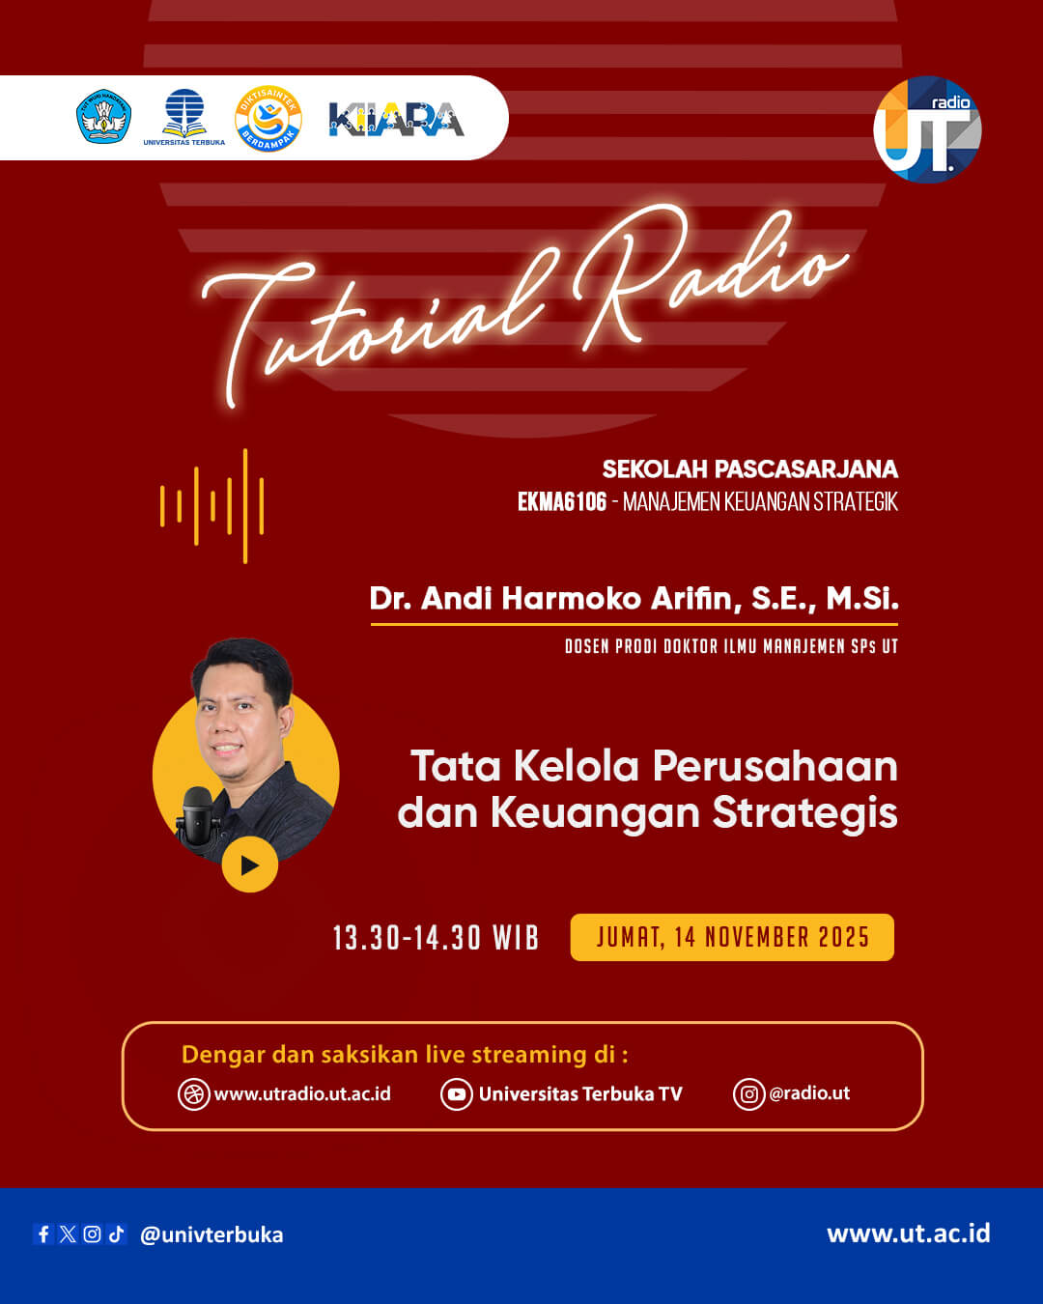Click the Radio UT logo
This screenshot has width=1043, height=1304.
[927, 129]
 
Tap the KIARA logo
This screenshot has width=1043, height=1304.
[396, 119]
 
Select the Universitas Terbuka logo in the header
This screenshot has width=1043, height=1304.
[183, 117]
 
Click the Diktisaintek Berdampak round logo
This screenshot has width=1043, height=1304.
[268, 119]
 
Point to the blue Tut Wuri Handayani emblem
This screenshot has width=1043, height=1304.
[103, 117]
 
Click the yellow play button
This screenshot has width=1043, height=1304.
[249, 865]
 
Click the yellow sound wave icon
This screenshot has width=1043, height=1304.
[212, 505]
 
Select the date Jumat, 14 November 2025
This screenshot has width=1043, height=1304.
[732, 937]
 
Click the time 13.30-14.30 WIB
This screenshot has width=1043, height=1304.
[436, 938]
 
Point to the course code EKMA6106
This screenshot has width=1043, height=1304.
[562, 501]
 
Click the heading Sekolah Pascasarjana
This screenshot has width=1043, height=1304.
[749, 469]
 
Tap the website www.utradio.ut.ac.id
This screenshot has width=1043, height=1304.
[302, 1093]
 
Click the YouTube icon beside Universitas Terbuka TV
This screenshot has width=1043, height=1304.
[456, 1094]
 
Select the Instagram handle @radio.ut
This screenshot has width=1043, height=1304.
[809, 1093]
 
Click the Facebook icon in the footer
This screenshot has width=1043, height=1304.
[43, 1233]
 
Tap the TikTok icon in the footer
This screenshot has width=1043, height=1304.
[117, 1233]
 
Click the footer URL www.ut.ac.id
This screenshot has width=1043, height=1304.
[908, 1233]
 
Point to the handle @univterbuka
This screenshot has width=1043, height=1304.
[211, 1234]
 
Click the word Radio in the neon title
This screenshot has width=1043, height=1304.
[710, 275]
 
